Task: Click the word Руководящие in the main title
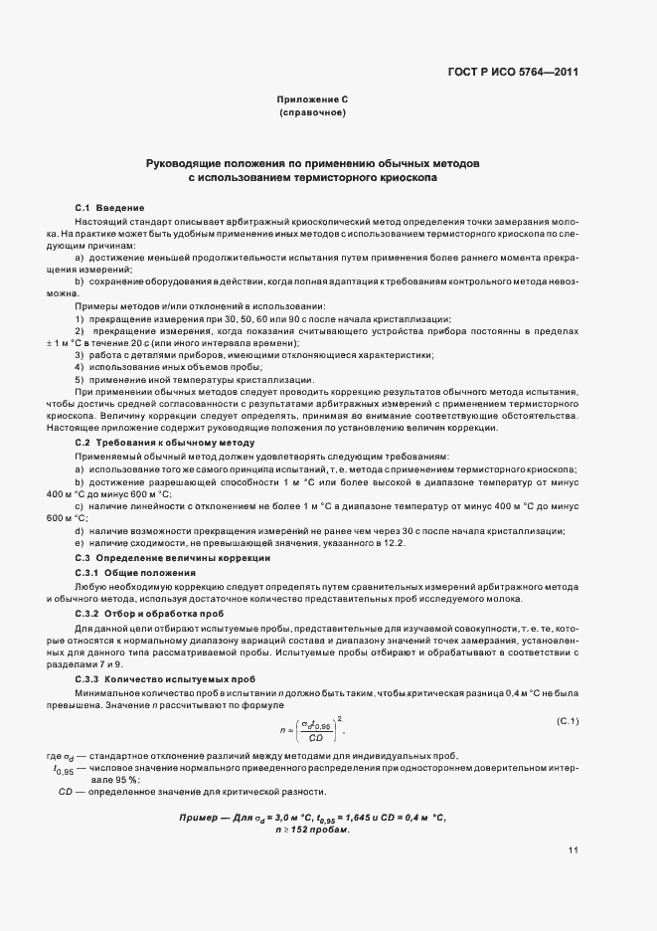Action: click(187, 161)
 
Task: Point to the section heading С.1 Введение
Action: click(110, 206)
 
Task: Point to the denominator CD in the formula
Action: click(316, 739)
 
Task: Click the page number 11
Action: click(573, 849)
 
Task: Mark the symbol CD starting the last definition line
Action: click(67, 791)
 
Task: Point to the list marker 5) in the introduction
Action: click(80, 380)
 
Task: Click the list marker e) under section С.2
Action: click(79, 543)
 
